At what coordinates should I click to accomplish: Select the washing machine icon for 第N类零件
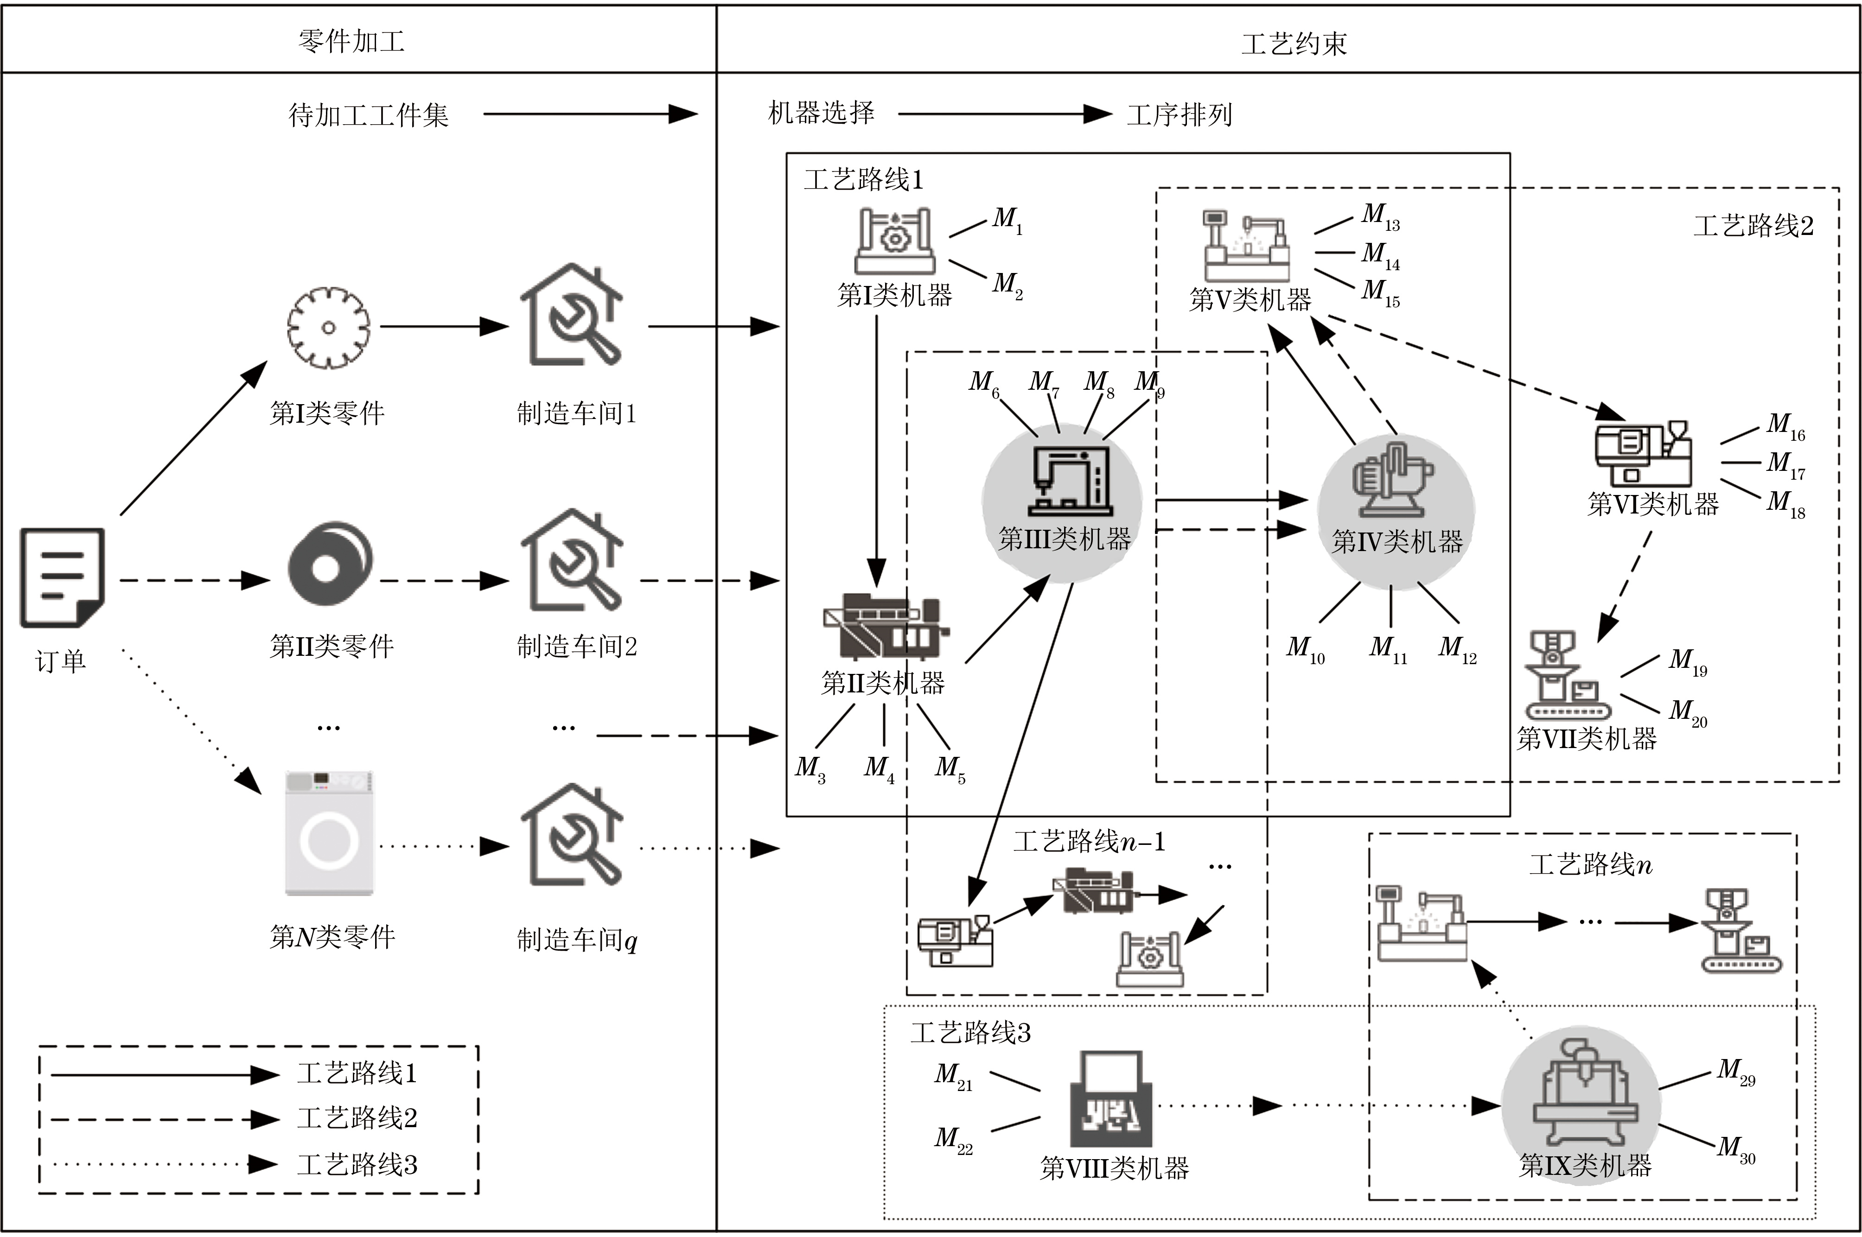click(x=329, y=834)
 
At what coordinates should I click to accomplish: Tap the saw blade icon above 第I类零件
click(x=328, y=327)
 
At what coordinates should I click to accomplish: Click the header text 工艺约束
click(x=1294, y=44)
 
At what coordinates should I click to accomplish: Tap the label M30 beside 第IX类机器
click(x=1736, y=1148)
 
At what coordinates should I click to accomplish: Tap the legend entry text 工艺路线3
click(x=357, y=1164)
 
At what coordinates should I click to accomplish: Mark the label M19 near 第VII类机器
click(x=1687, y=661)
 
